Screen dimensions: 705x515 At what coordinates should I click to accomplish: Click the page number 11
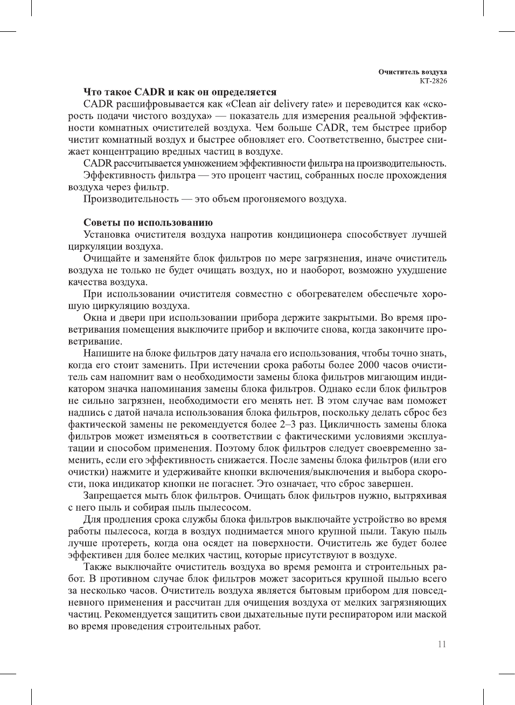442,644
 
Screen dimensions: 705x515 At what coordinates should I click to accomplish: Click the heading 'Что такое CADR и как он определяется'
180,92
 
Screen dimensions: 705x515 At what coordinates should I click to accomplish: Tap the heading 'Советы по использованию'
148,222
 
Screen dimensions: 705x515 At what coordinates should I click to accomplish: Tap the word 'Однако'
336,389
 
